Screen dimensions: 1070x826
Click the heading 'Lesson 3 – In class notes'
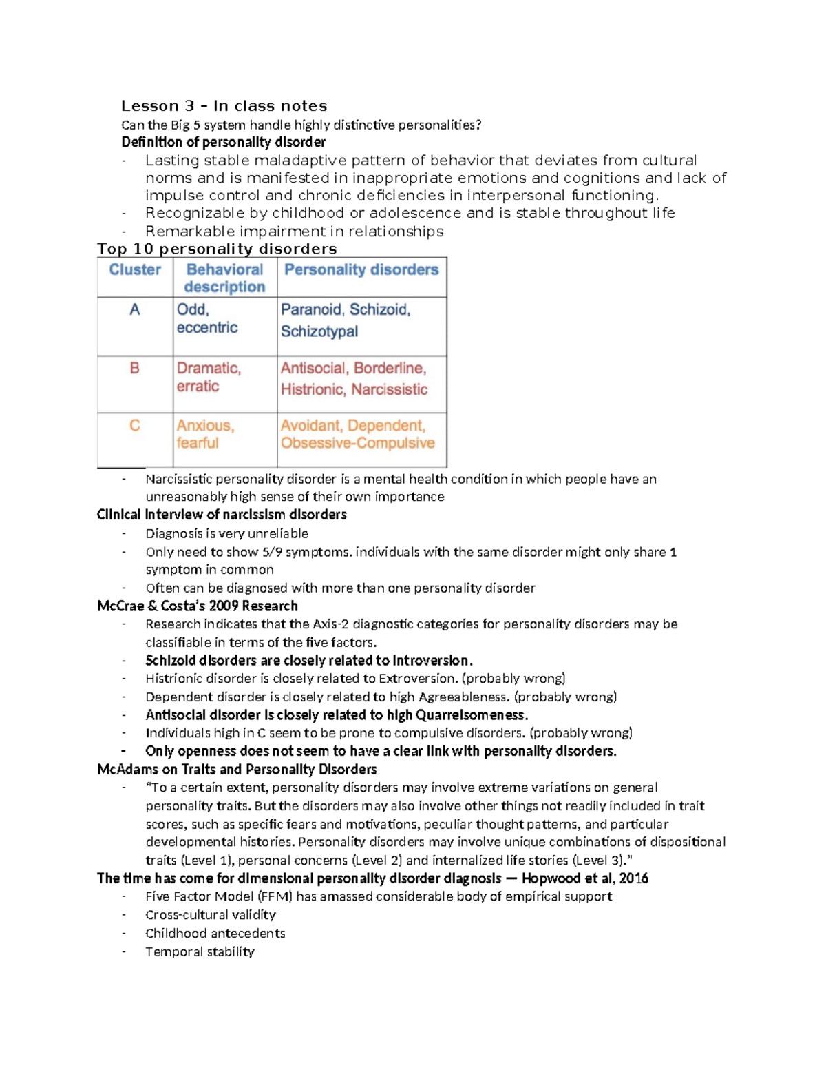[x=224, y=106]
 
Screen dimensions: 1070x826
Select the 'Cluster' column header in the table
[x=135, y=269]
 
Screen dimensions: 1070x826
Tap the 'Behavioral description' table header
[x=224, y=278]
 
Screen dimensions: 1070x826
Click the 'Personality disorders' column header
[x=361, y=269]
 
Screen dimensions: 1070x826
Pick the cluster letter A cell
[x=135, y=310]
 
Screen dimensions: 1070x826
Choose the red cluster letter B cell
[x=135, y=369]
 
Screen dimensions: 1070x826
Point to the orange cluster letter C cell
[x=135, y=426]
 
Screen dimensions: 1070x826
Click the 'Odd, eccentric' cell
[x=206, y=318]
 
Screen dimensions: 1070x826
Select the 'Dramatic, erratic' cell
[x=208, y=377]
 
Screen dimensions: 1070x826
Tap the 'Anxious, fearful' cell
[x=204, y=434]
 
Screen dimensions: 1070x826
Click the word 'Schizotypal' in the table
[x=319, y=331]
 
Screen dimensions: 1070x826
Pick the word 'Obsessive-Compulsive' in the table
[x=357, y=443]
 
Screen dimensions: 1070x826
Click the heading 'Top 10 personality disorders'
[x=217, y=249]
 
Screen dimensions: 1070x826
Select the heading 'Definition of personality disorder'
[x=223, y=143]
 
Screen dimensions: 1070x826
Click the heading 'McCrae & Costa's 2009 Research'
[x=198, y=606]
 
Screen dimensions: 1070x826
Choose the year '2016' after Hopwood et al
[x=633, y=878]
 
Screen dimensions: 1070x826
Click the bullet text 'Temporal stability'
[x=200, y=951]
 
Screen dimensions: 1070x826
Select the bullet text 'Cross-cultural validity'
[x=210, y=915]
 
